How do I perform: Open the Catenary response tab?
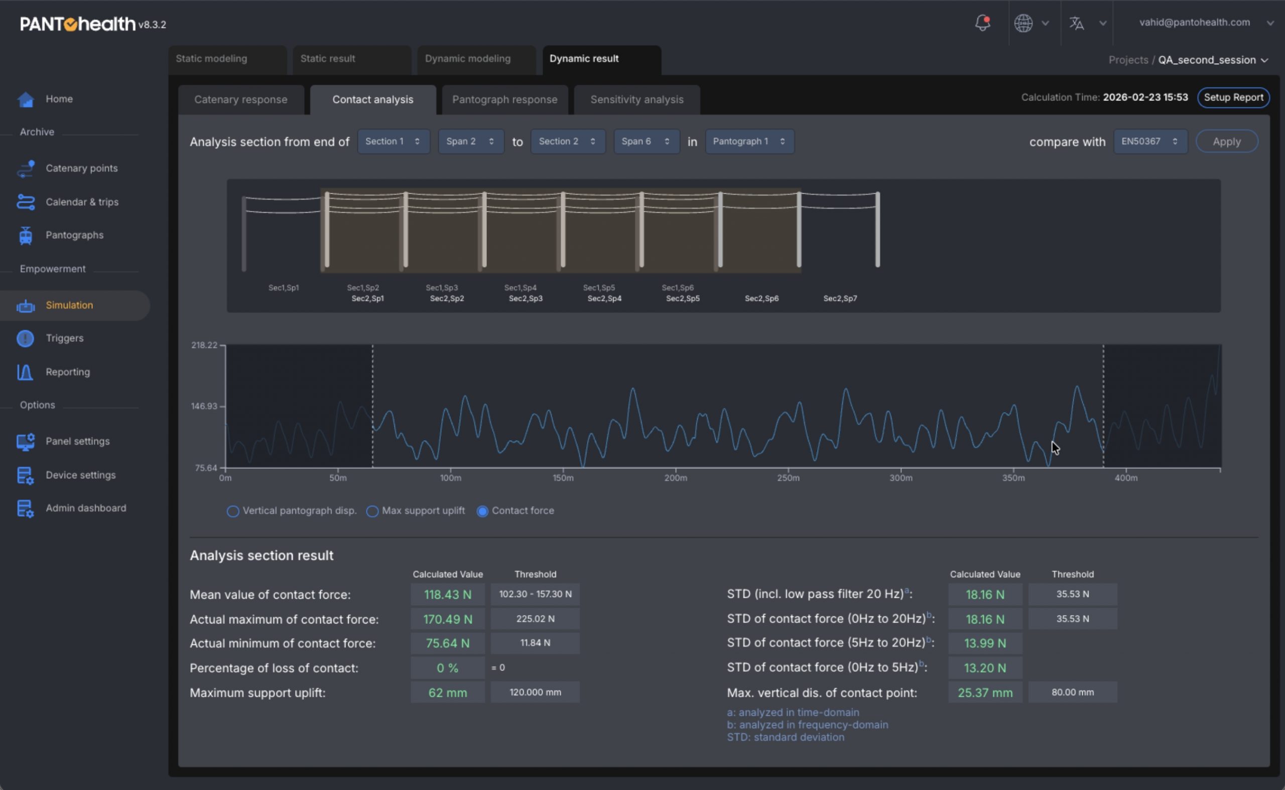tap(240, 99)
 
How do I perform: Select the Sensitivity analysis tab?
tap(636, 99)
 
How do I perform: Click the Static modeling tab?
tap(227, 59)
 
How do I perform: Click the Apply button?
tap(1226, 142)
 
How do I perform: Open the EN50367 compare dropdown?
tap(1150, 142)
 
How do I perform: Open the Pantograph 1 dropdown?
tap(749, 142)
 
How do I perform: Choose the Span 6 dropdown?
tap(647, 142)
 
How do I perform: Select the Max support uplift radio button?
tap(372, 511)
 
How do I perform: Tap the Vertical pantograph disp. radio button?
tap(233, 511)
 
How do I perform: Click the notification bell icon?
tap(982, 23)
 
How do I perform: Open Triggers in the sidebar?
tap(64, 338)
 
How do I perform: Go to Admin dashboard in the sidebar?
tap(86, 508)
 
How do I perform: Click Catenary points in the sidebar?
tap(81, 168)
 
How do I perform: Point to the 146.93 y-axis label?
tap(204, 406)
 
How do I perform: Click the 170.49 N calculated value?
tap(448, 619)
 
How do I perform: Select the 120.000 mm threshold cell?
tap(535, 692)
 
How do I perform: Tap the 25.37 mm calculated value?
tap(985, 693)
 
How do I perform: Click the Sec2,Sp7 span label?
tap(840, 298)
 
